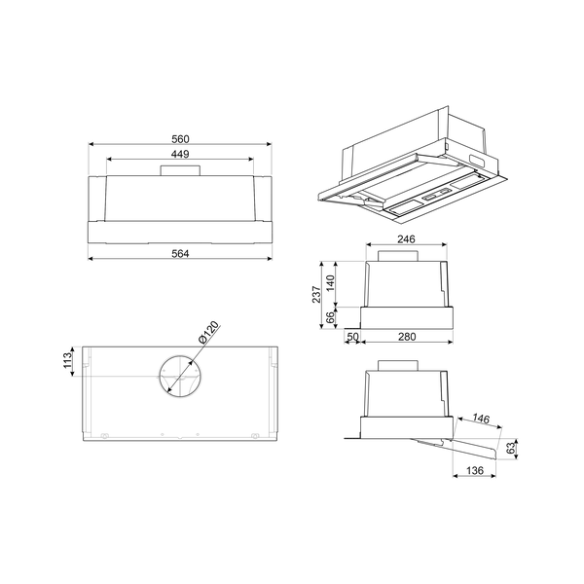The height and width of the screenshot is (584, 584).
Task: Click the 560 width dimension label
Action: click(x=179, y=137)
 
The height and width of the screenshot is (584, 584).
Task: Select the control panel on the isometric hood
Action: click(x=432, y=199)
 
